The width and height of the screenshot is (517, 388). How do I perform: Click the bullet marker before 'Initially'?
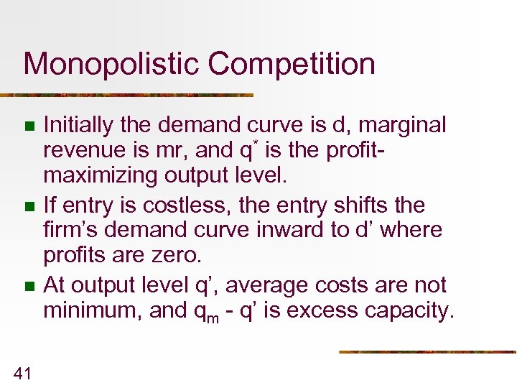[29, 127]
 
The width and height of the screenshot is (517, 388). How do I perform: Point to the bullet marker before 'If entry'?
[29, 207]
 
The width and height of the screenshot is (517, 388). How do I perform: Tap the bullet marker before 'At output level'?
[29, 287]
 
